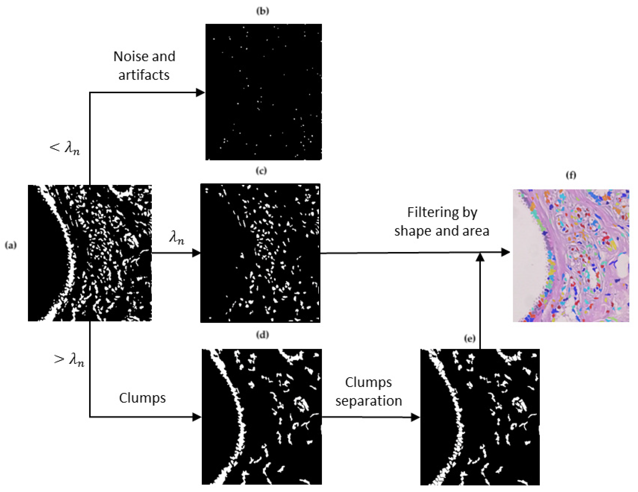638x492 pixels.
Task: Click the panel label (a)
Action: point(10,245)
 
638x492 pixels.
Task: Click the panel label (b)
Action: point(262,11)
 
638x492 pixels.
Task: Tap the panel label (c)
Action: point(261,170)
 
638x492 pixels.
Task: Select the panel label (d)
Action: point(262,335)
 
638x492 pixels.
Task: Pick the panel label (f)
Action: point(571,175)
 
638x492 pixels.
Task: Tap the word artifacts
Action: point(144,75)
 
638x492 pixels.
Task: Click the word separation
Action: point(368,401)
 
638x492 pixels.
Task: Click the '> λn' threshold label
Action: point(69,360)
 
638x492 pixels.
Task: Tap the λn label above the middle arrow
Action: point(177,238)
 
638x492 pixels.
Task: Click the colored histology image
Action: point(571,256)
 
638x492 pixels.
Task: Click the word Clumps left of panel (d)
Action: point(142,398)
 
